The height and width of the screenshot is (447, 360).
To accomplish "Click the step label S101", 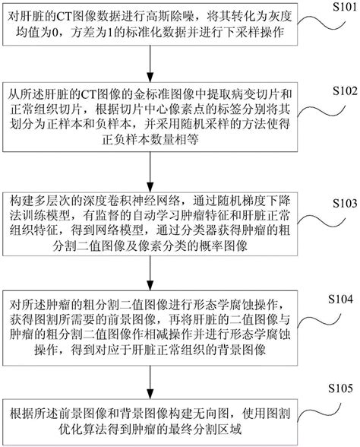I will [330, 7].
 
